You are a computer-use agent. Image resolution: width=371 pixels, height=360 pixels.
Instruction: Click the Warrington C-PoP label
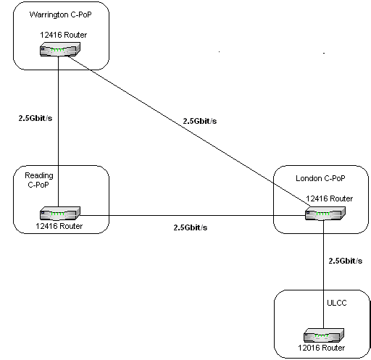coord(61,15)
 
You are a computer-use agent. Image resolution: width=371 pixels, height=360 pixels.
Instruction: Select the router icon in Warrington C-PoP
coord(60,49)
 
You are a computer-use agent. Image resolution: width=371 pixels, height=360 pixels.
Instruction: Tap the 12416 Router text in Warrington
coord(63,35)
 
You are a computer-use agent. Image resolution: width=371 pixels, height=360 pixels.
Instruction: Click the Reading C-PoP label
coord(39,180)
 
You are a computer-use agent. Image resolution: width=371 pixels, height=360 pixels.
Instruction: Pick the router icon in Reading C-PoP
coord(60,214)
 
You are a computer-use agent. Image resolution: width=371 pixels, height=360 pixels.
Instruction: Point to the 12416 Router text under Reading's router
coord(59,226)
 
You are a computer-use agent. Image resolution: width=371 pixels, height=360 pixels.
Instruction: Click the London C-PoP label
coord(320,178)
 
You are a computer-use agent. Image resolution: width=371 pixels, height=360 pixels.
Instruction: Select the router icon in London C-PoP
coord(325,214)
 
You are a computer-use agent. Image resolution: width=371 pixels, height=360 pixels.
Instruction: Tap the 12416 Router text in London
coord(330,198)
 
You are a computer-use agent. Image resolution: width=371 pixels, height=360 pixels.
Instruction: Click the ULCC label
coord(337,303)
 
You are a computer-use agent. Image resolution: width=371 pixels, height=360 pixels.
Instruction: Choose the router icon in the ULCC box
coord(324,335)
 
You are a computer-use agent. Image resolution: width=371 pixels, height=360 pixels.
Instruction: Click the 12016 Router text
coord(322,348)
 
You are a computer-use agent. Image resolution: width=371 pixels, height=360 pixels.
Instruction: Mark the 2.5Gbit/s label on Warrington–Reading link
coord(36,118)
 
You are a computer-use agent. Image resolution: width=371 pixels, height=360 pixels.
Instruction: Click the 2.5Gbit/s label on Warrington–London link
coord(200,121)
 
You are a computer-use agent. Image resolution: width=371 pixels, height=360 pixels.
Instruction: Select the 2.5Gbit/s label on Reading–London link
coord(191,227)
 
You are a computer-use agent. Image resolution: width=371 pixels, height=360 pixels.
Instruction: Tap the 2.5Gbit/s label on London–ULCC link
coord(346,261)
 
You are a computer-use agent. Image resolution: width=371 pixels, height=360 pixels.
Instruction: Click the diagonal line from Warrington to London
coord(189,131)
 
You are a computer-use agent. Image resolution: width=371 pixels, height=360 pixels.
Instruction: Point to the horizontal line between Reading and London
coord(193,215)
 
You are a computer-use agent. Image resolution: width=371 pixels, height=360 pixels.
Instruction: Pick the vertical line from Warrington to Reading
coord(58,132)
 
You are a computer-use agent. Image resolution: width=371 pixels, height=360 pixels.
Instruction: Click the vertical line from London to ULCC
coord(324,275)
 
